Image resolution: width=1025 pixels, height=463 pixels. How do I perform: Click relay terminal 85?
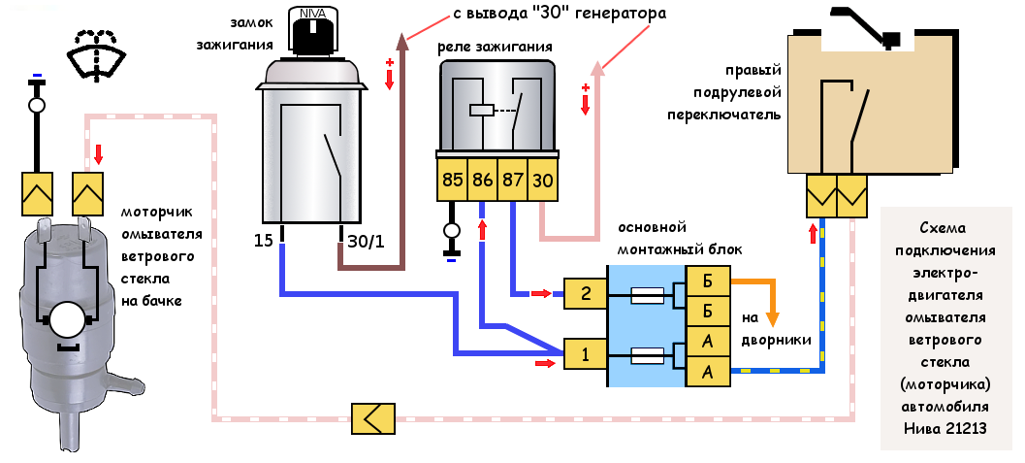(453, 181)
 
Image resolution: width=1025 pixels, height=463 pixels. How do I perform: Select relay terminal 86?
(483, 181)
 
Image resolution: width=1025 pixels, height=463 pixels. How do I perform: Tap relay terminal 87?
(513, 181)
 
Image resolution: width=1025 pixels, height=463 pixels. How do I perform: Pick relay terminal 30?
(543, 181)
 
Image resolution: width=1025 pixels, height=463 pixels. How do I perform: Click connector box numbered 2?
(586, 292)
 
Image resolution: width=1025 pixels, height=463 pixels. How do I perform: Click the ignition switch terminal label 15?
(264, 239)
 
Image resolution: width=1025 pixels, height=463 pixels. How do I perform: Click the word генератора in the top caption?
(614, 16)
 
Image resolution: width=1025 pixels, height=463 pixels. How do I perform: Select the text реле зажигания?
(495, 47)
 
